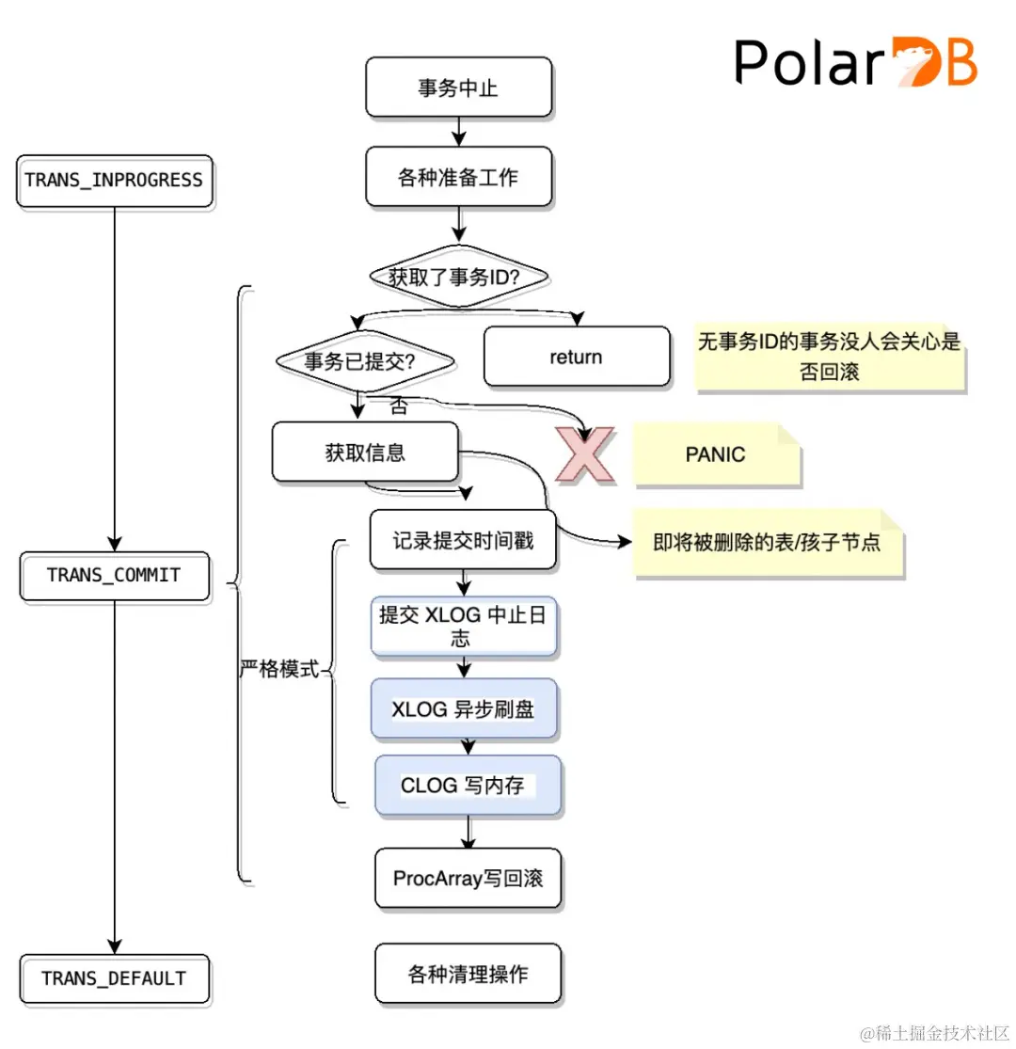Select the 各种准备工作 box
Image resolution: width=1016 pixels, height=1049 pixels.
tap(458, 177)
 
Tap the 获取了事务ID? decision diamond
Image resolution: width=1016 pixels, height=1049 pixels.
tap(457, 277)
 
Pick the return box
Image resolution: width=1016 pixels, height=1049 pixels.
tap(576, 357)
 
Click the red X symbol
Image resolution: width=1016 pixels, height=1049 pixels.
tap(583, 455)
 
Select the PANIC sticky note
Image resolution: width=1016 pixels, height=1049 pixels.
tap(715, 454)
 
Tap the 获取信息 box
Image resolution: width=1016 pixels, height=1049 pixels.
tap(365, 453)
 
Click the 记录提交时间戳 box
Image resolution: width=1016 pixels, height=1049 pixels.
tap(463, 540)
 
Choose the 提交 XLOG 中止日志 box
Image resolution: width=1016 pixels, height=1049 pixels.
tap(464, 627)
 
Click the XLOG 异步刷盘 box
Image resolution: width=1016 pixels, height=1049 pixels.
tap(464, 709)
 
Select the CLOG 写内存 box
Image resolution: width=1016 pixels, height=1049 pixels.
tap(468, 785)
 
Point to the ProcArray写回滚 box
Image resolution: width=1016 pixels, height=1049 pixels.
tap(468, 879)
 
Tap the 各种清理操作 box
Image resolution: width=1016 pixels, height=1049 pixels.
tap(468, 974)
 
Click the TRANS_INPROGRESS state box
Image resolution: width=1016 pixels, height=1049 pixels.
tap(114, 181)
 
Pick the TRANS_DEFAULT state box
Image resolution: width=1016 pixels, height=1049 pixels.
tap(114, 978)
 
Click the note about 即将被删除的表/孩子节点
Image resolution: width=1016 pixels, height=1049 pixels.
tap(767, 543)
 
